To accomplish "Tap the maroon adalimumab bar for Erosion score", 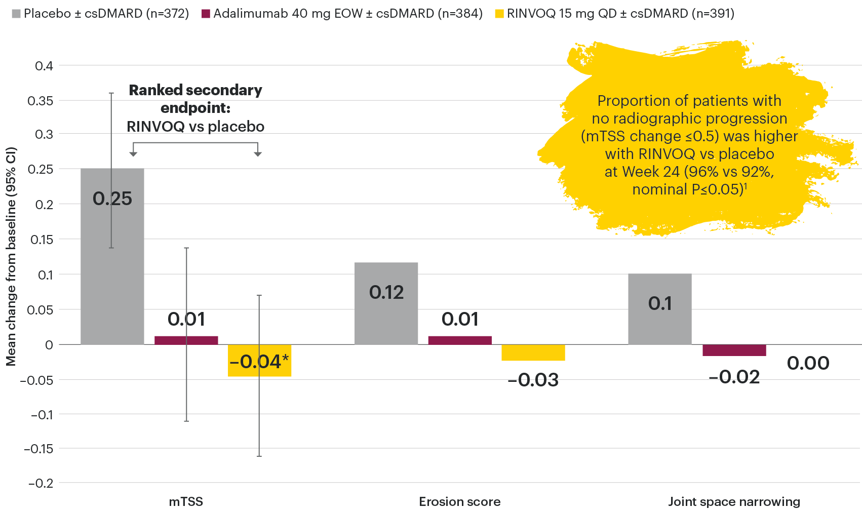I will (460, 340).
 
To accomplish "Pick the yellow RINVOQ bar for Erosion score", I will (533, 353).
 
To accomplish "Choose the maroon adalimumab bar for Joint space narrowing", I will (734, 350).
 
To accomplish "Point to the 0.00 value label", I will (808, 363).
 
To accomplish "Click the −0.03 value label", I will (533, 380).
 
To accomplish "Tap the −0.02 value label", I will (734, 377).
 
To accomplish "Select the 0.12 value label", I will (386, 293).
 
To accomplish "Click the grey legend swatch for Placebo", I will (16, 14).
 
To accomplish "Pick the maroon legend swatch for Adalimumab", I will (206, 14).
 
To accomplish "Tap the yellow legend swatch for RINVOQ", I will (499, 14).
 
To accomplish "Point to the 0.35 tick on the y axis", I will (40, 101).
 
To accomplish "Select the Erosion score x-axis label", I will (460, 501).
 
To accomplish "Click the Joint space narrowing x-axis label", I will (734, 501).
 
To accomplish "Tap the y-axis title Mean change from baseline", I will (11, 256).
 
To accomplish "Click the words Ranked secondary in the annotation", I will (195, 90).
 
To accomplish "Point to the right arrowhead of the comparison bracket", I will (258, 153).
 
